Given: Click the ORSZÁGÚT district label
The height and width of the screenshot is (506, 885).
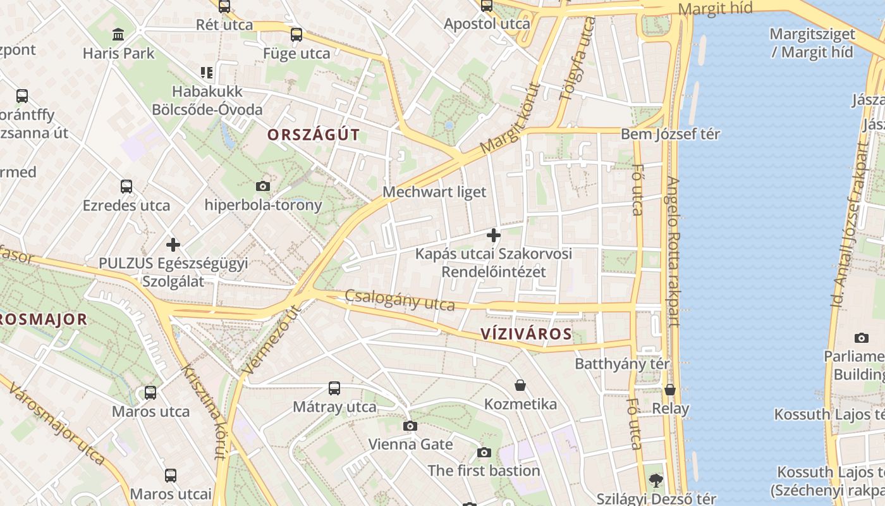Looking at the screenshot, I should pos(313,135).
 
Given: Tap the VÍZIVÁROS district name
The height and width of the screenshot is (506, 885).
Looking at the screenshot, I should pos(525,334).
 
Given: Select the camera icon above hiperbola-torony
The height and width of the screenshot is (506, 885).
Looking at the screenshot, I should pos(263,186).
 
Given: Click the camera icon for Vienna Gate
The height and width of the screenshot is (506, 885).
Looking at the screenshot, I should pos(410,426).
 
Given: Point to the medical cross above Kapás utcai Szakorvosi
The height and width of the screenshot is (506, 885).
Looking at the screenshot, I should pos(494,235).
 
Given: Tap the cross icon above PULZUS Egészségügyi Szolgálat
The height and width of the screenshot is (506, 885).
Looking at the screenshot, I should pos(173,244).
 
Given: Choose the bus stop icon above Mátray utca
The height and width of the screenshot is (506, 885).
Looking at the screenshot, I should pos(334,388).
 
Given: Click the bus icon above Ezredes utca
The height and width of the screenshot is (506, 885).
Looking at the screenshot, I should pos(126,187).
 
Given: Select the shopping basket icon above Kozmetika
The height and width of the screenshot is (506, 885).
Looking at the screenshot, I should pos(520,385).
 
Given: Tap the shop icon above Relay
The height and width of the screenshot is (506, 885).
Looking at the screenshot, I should pos(670,389).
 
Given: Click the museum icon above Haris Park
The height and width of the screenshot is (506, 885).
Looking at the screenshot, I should pos(118,34).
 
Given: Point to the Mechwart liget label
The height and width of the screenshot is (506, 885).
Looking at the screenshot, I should pos(435,192).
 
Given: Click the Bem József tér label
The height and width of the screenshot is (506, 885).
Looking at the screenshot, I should pos(670,134).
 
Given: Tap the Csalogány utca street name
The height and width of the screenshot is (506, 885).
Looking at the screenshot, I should pos(400,300).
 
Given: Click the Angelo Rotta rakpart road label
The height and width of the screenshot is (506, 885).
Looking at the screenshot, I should pos(673,250).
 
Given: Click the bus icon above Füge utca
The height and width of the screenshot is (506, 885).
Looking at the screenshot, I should pos(296,34).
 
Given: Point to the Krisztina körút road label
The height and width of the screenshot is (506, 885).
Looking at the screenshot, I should pos(204,411).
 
